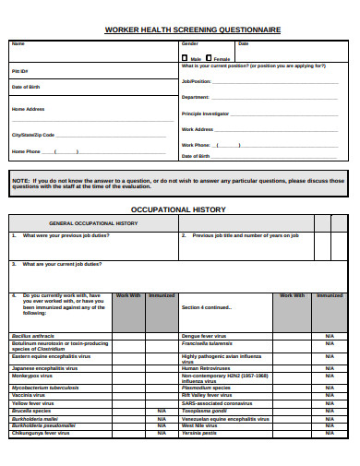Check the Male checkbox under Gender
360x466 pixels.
186,57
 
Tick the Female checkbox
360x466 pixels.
210,57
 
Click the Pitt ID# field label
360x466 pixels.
19,70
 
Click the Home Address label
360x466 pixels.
28,109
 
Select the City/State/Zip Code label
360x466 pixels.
39,134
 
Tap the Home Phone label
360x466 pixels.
26,151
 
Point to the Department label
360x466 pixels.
196,97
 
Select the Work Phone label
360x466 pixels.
196,145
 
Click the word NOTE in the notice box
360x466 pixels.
20,180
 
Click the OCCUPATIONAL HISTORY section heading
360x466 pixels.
179,209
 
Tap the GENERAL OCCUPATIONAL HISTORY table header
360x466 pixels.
93,223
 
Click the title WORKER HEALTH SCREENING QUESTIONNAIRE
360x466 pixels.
193,30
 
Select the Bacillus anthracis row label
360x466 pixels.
32,336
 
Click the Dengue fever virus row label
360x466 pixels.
204,336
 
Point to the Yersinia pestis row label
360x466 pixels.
199,432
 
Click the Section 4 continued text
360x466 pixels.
205,307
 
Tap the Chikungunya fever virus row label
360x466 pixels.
42,432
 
